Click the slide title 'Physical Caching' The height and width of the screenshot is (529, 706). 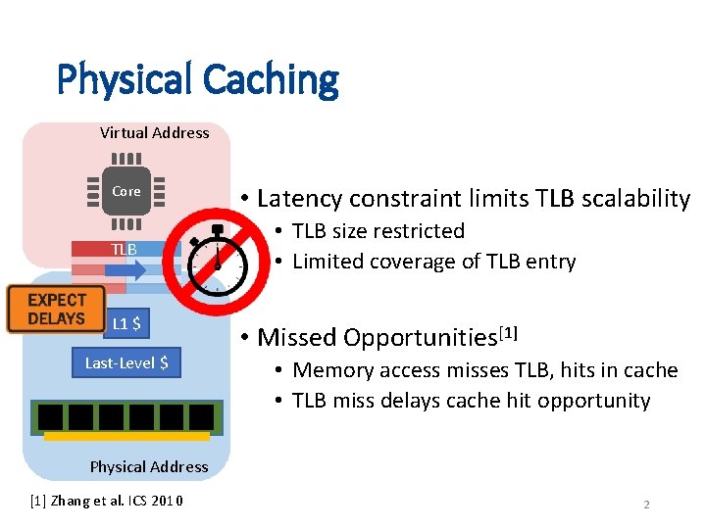tap(197, 79)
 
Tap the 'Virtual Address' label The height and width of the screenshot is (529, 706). tap(154, 132)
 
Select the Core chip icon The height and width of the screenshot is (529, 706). tap(126, 191)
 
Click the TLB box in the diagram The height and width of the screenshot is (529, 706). tap(125, 250)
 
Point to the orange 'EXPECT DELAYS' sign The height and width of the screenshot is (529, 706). tap(57, 310)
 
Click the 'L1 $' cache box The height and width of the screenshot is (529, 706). tap(126, 323)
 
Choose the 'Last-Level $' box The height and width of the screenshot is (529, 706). tap(126, 363)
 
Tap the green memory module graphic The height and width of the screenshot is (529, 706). tap(126, 419)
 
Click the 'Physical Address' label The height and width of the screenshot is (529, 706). tap(149, 466)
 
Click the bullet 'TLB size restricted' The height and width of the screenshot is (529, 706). tap(378, 231)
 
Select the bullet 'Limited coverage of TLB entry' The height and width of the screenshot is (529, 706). tap(433, 262)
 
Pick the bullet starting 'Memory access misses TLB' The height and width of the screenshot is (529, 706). tap(484, 370)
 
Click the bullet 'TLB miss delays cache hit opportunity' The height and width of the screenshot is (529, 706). tap(471, 401)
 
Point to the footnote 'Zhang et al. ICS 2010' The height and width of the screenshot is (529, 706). tap(116, 503)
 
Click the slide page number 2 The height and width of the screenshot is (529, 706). tap(646, 505)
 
